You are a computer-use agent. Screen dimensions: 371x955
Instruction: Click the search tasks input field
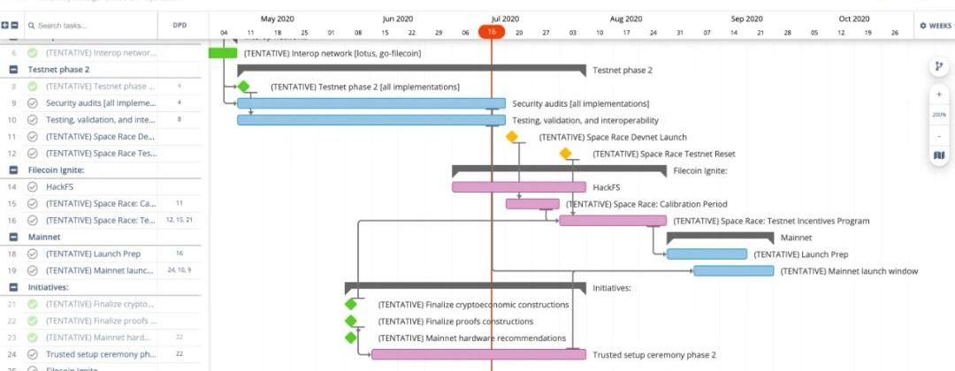click(x=88, y=26)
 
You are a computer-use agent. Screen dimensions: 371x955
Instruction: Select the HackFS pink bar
click(x=518, y=187)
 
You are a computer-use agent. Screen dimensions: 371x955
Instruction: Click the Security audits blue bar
click(x=371, y=103)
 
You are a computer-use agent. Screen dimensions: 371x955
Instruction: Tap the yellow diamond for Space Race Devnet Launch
click(x=512, y=137)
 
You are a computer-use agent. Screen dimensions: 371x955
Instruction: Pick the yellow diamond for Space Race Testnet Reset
click(x=566, y=154)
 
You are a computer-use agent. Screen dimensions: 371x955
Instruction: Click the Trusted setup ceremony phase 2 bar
click(x=478, y=354)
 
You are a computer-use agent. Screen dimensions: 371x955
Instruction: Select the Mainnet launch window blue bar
click(x=734, y=271)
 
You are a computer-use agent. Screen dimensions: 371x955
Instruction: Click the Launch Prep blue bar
click(x=707, y=254)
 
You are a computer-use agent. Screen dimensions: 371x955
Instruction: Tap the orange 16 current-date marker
click(x=492, y=33)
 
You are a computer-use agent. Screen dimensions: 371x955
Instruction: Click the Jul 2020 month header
click(x=505, y=19)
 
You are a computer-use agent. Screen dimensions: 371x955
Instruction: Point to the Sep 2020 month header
click(x=747, y=19)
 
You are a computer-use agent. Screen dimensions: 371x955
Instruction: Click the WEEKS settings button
click(x=936, y=26)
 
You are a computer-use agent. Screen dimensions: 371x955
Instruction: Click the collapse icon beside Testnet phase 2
click(x=14, y=69)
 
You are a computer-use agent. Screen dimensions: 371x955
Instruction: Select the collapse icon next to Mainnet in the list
click(x=14, y=237)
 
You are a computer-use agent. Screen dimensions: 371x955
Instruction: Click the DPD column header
click(x=179, y=26)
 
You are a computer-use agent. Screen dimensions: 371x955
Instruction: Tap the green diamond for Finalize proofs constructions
click(x=351, y=322)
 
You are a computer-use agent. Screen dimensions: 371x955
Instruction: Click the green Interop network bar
click(x=222, y=53)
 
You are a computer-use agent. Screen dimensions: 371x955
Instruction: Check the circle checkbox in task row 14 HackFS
click(x=33, y=186)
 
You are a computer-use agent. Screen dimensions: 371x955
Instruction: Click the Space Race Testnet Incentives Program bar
click(x=612, y=221)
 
